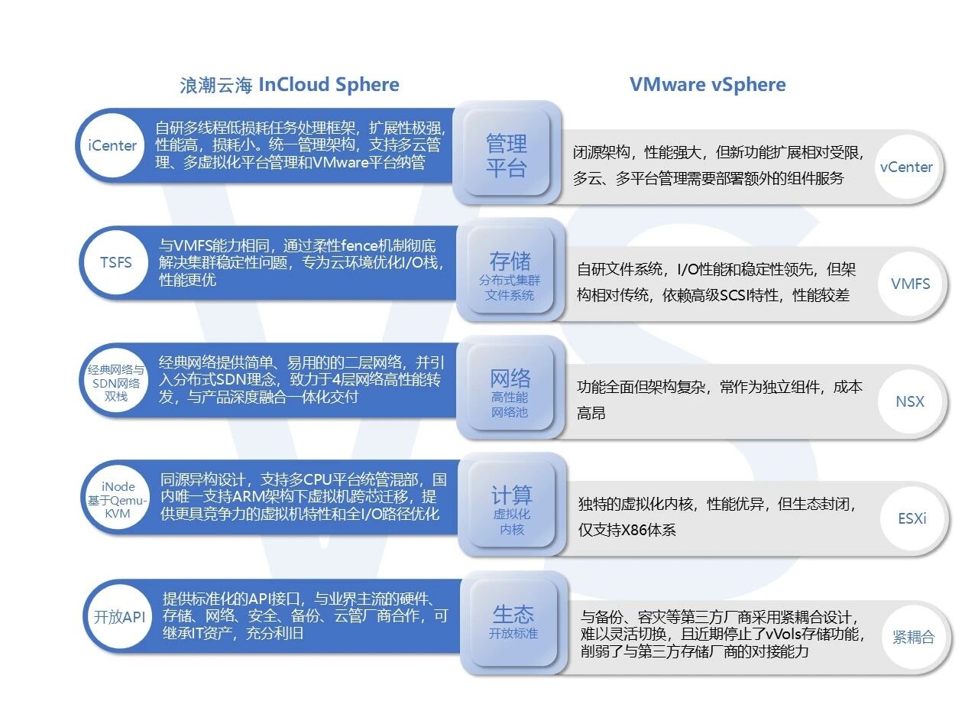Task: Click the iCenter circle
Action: (112, 145)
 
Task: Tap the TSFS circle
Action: (115, 262)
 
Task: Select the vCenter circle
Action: (906, 167)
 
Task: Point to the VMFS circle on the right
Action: (910, 284)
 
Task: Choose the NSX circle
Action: (910, 401)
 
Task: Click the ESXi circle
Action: (912, 518)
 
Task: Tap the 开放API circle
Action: (119, 616)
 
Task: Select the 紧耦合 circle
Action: (914, 637)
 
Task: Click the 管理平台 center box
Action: (507, 153)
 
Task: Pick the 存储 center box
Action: (510, 271)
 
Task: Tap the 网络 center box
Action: (510, 388)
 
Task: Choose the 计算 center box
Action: (511, 505)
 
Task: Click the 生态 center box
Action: (513, 623)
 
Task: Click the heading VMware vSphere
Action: (708, 84)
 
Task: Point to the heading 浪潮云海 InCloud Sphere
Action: (290, 85)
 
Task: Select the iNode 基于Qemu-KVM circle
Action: (118, 499)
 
